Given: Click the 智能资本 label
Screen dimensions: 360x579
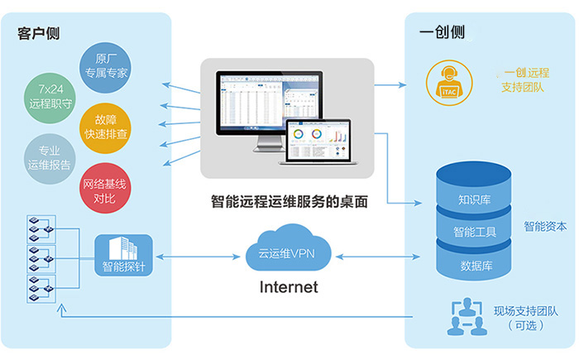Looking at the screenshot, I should tap(545, 225).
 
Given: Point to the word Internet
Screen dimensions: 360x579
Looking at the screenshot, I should tap(289, 288).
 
